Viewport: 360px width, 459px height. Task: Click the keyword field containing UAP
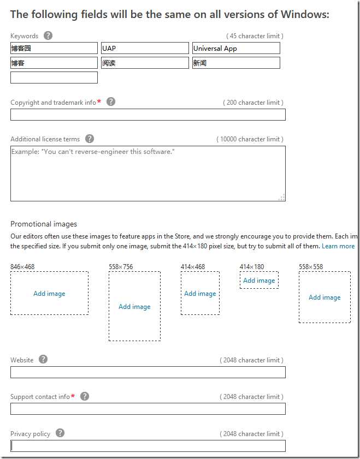point(144,49)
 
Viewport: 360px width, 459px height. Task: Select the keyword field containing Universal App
point(236,49)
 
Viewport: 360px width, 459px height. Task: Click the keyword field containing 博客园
point(54,49)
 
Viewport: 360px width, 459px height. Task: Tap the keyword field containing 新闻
point(236,63)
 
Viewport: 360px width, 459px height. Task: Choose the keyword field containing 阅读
point(144,63)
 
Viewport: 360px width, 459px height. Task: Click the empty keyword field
point(54,78)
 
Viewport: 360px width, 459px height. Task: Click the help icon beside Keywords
point(48,36)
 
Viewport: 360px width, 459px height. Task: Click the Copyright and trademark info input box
point(147,115)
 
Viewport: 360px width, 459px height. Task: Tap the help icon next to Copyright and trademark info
point(111,102)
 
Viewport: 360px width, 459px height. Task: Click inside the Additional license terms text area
point(147,174)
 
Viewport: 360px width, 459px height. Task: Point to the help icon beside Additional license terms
point(90,139)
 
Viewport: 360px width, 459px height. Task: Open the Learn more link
point(338,246)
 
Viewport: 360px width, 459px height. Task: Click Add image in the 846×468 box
point(49,294)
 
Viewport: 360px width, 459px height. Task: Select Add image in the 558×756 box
point(134,307)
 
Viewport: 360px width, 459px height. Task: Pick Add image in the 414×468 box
point(200,294)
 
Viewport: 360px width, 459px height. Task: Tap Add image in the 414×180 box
point(259,281)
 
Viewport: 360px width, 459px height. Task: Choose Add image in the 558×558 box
point(324,297)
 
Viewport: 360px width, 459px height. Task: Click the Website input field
point(147,372)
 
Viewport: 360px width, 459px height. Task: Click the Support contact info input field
point(147,409)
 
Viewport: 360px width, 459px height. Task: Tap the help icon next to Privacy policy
point(60,433)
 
